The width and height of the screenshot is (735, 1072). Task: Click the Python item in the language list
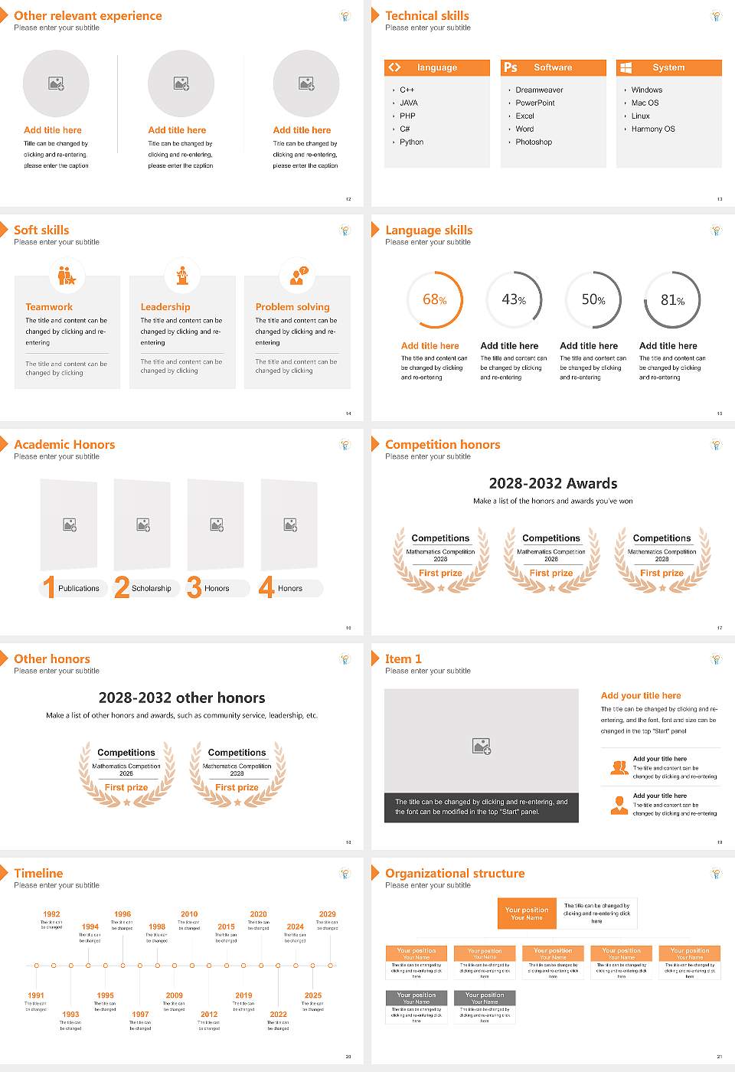[411, 142]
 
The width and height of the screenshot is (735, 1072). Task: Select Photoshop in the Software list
[534, 142]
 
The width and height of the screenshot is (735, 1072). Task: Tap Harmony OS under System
[653, 129]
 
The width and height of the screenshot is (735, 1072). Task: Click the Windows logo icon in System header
[626, 68]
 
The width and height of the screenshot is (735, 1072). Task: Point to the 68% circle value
[434, 300]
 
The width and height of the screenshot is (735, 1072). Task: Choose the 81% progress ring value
[672, 300]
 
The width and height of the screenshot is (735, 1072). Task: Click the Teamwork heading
[49, 307]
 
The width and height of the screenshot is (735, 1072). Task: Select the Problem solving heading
[292, 307]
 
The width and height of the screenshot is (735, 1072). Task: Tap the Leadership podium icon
[182, 276]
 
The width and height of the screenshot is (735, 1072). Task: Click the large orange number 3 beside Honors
[194, 587]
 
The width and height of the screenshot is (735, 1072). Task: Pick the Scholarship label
[151, 589]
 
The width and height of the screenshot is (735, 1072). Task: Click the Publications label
[79, 589]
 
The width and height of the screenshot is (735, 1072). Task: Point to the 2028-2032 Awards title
[553, 484]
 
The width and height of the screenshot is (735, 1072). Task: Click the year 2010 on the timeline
[189, 914]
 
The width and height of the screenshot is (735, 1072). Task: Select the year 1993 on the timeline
[70, 1015]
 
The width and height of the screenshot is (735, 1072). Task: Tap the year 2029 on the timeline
[327, 914]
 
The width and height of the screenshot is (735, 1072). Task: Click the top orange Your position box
[527, 913]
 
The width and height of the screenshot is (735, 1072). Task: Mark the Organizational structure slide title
[455, 874]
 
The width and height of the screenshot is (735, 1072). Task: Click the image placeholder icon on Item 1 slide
[482, 746]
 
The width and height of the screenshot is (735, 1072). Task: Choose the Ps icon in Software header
[511, 68]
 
